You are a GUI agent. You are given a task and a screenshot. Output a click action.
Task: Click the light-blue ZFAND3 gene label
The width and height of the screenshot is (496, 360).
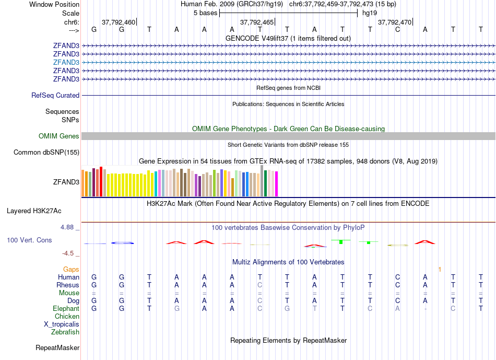coord(66,62)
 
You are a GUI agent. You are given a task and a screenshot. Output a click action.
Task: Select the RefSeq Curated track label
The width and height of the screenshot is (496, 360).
coord(55,96)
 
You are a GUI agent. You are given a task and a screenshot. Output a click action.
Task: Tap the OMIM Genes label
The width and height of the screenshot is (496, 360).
coord(59,136)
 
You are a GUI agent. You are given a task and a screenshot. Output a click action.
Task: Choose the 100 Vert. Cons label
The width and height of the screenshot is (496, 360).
coord(29,240)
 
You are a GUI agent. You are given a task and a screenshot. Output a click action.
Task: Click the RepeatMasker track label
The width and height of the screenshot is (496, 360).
coord(57,347)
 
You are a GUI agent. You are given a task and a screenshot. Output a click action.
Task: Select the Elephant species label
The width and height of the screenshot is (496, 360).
coord(66,309)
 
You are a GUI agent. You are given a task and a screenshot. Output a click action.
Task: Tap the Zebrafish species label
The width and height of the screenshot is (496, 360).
coord(65,332)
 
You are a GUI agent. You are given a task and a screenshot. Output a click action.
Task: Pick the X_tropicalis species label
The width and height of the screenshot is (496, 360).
coord(62,324)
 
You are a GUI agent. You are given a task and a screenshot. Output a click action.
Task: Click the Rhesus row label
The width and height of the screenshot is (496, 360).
coord(68,285)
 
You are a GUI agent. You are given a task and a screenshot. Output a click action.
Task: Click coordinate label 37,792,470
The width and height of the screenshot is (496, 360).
coord(394,22)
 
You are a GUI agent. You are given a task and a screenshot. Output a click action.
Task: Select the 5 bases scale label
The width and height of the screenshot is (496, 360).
coord(204,13)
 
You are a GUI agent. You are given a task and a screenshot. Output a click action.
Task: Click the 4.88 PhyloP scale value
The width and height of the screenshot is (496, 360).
coord(68,228)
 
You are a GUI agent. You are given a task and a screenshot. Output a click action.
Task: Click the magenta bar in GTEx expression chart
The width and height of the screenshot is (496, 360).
coord(277,184)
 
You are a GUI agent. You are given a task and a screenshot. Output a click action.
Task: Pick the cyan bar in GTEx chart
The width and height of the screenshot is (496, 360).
coord(156,184)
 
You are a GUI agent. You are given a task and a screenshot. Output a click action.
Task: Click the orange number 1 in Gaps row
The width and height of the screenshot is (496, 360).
coord(440,270)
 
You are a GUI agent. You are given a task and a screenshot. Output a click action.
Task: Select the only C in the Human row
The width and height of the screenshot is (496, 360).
coord(397,277)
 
